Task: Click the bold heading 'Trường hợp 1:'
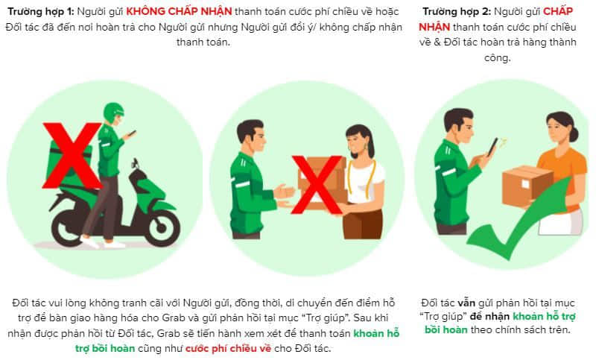(41, 11)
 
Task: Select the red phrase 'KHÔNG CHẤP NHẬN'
(179, 11)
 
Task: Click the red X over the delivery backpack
(72, 156)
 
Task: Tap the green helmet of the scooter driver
(113, 112)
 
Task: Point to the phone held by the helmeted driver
(132, 133)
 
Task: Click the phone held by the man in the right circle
(492, 146)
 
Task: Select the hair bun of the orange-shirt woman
(574, 134)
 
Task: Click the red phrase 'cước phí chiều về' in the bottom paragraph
(229, 348)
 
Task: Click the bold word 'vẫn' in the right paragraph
(466, 303)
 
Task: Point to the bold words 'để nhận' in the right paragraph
(489, 316)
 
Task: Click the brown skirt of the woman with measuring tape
(363, 224)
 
